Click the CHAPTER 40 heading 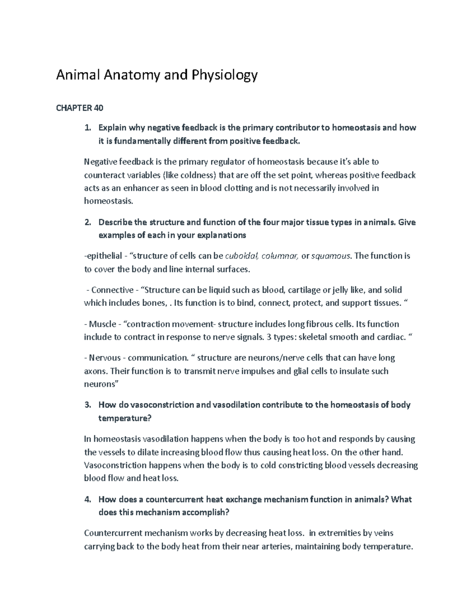click(x=80, y=108)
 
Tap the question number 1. click(x=88, y=128)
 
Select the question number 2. click(x=88, y=222)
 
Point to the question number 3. click(x=88, y=405)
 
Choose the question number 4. click(x=88, y=499)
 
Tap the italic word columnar click(x=280, y=256)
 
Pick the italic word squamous click(x=331, y=256)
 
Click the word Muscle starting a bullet click(x=102, y=324)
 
